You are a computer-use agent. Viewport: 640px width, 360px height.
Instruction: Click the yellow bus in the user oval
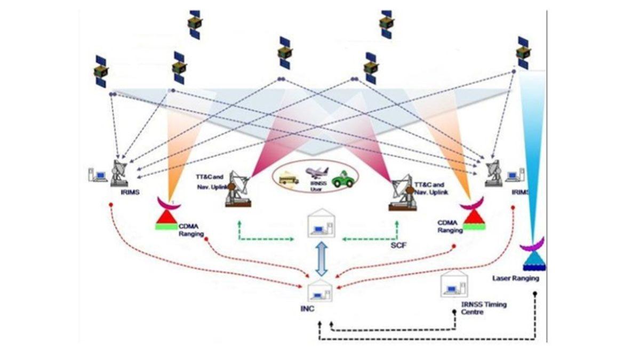[x=289, y=178]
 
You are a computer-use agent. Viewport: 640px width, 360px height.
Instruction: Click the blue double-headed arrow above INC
[x=321, y=258]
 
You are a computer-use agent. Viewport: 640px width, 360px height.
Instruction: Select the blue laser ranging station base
[x=533, y=261]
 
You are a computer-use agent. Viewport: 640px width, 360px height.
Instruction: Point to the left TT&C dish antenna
[x=237, y=188]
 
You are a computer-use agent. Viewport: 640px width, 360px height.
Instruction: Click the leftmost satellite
[x=101, y=71]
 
